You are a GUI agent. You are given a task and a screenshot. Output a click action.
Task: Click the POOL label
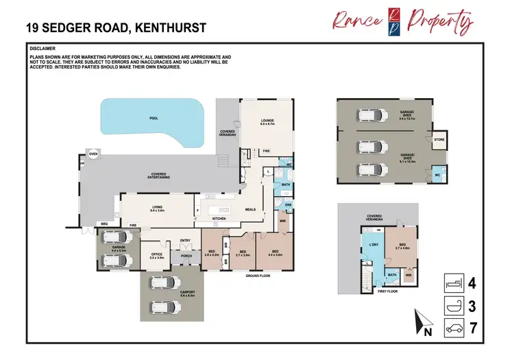[154, 118]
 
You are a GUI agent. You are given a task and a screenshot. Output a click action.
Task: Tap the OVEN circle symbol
[93, 154]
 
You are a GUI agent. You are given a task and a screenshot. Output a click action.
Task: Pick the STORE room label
[439, 139]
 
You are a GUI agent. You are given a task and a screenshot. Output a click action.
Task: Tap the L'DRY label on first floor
[374, 245]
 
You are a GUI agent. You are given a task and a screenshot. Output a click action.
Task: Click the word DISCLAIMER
[43, 49]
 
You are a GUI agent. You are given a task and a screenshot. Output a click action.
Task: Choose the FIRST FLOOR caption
[389, 291]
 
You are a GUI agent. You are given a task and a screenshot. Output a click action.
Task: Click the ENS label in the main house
[288, 204]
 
